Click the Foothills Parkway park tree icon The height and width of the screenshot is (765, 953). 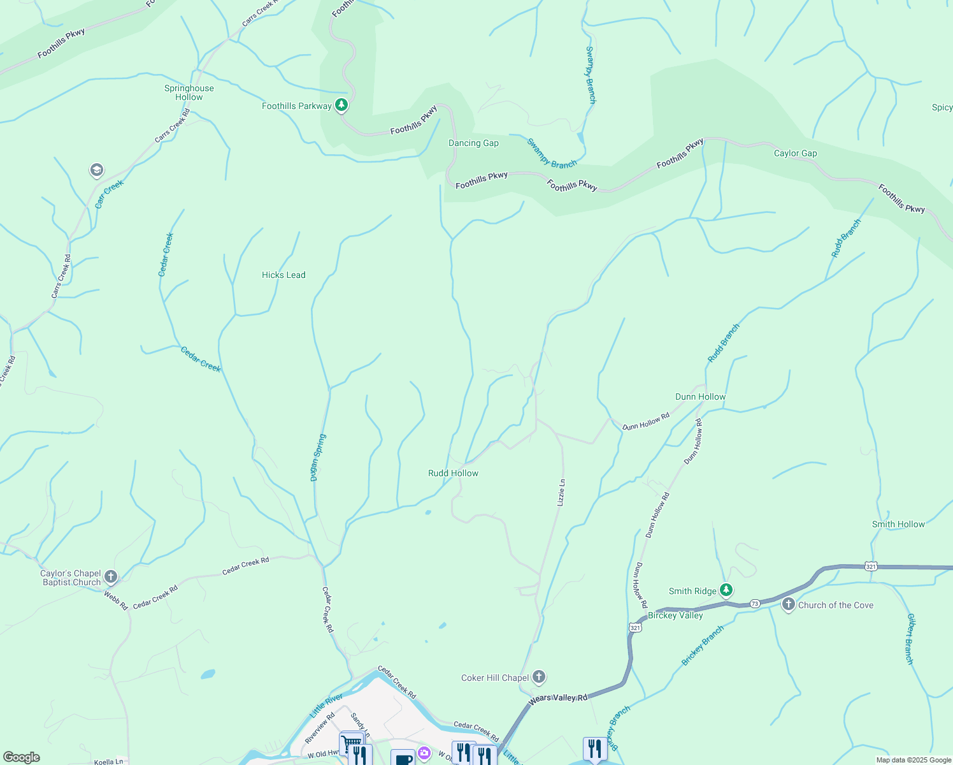[341, 105]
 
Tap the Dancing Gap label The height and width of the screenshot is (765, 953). [473, 143]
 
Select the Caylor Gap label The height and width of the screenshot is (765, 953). [795, 153]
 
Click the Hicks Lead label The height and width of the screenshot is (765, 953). [283, 275]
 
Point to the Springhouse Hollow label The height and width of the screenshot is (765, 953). [189, 92]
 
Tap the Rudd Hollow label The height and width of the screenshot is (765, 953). [453, 473]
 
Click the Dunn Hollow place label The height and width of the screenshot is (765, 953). [700, 397]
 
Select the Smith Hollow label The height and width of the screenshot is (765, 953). [898, 524]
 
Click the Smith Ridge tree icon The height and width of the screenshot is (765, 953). [726, 590]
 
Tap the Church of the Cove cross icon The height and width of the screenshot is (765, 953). [789, 604]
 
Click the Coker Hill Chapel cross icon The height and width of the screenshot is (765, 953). [539, 677]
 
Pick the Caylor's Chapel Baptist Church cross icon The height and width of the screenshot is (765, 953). [111, 578]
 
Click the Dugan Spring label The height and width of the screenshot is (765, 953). [318, 458]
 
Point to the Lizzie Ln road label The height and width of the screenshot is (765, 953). [561, 493]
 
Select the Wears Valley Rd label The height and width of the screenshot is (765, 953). [558, 698]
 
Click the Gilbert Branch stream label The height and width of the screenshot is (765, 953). [910, 639]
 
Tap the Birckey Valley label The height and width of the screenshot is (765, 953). [675, 615]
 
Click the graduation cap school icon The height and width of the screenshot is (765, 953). [97, 170]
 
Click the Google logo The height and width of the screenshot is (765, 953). [21, 757]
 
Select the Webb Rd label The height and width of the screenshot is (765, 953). [116, 601]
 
